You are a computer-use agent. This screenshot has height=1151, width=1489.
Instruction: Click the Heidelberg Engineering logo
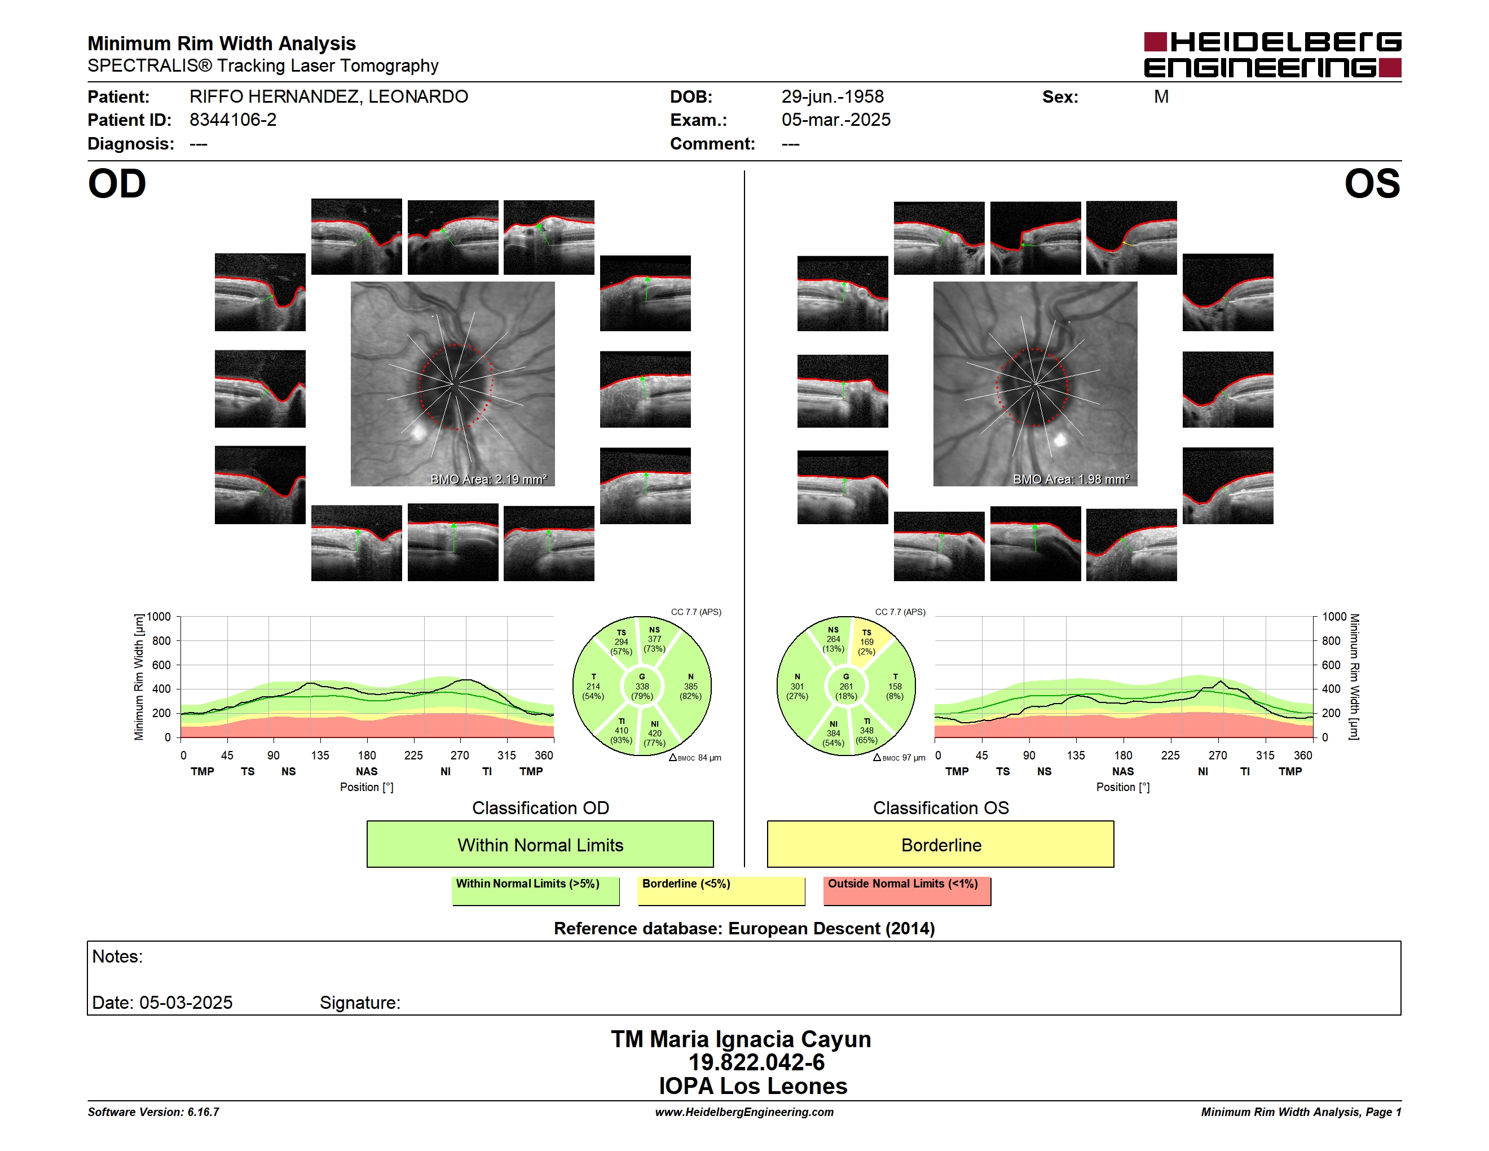(x=1272, y=55)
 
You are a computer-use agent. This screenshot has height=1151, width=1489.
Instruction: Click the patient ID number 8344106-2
(x=233, y=120)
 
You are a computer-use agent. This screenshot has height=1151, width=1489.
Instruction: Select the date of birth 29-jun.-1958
(x=832, y=97)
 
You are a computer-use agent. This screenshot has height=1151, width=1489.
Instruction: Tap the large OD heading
(x=117, y=184)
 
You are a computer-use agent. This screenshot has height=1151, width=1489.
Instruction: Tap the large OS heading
(x=1372, y=184)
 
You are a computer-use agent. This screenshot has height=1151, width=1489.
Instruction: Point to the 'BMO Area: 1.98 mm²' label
(x=1071, y=480)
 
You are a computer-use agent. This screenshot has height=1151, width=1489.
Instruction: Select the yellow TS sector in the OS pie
(x=869, y=641)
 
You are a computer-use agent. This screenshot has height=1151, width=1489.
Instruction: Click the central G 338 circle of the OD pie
(x=641, y=687)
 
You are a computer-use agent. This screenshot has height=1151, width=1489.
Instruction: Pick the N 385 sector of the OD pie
(x=690, y=687)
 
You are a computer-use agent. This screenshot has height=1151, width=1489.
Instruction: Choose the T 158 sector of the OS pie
(x=895, y=687)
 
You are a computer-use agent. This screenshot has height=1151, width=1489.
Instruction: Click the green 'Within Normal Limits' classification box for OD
(x=540, y=844)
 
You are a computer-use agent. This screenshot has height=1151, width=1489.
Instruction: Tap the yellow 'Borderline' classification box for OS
(x=941, y=844)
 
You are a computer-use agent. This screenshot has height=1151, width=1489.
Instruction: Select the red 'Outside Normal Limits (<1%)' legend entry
(x=907, y=890)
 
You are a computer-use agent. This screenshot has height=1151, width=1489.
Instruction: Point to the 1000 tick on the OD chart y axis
(x=159, y=617)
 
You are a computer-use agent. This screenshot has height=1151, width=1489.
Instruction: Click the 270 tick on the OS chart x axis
(x=1218, y=755)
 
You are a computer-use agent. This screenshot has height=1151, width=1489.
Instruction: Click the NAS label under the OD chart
(x=367, y=771)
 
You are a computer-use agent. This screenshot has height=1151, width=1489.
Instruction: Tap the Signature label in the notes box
(x=360, y=1003)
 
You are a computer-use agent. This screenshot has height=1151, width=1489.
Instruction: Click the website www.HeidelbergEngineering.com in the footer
(x=744, y=1112)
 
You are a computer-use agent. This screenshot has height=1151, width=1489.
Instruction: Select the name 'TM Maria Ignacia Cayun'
(x=741, y=1039)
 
